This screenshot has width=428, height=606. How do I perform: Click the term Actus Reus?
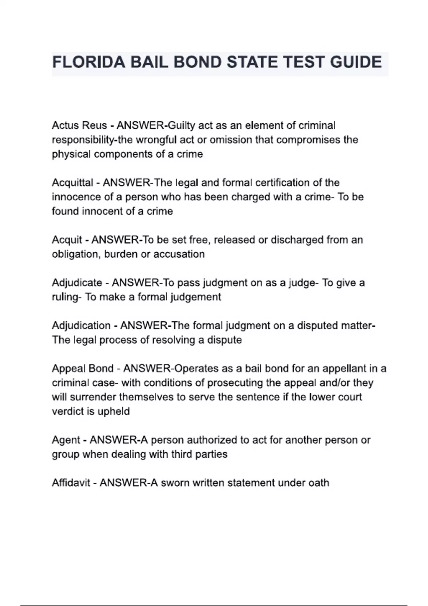[79, 125]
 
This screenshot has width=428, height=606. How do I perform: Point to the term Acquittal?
[72, 183]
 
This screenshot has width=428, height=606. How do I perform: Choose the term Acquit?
[67, 240]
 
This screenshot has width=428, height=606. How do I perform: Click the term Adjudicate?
[77, 283]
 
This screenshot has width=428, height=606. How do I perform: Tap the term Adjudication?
[81, 325]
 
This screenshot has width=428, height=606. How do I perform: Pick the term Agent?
[66, 440]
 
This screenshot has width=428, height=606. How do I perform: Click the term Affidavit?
[71, 483]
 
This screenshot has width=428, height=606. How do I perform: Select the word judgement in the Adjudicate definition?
[195, 297]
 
